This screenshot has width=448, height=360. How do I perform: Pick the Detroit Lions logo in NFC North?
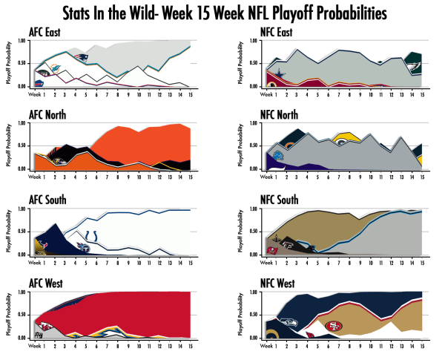coord(277,156)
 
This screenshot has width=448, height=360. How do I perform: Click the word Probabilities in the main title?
coord(344,13)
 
